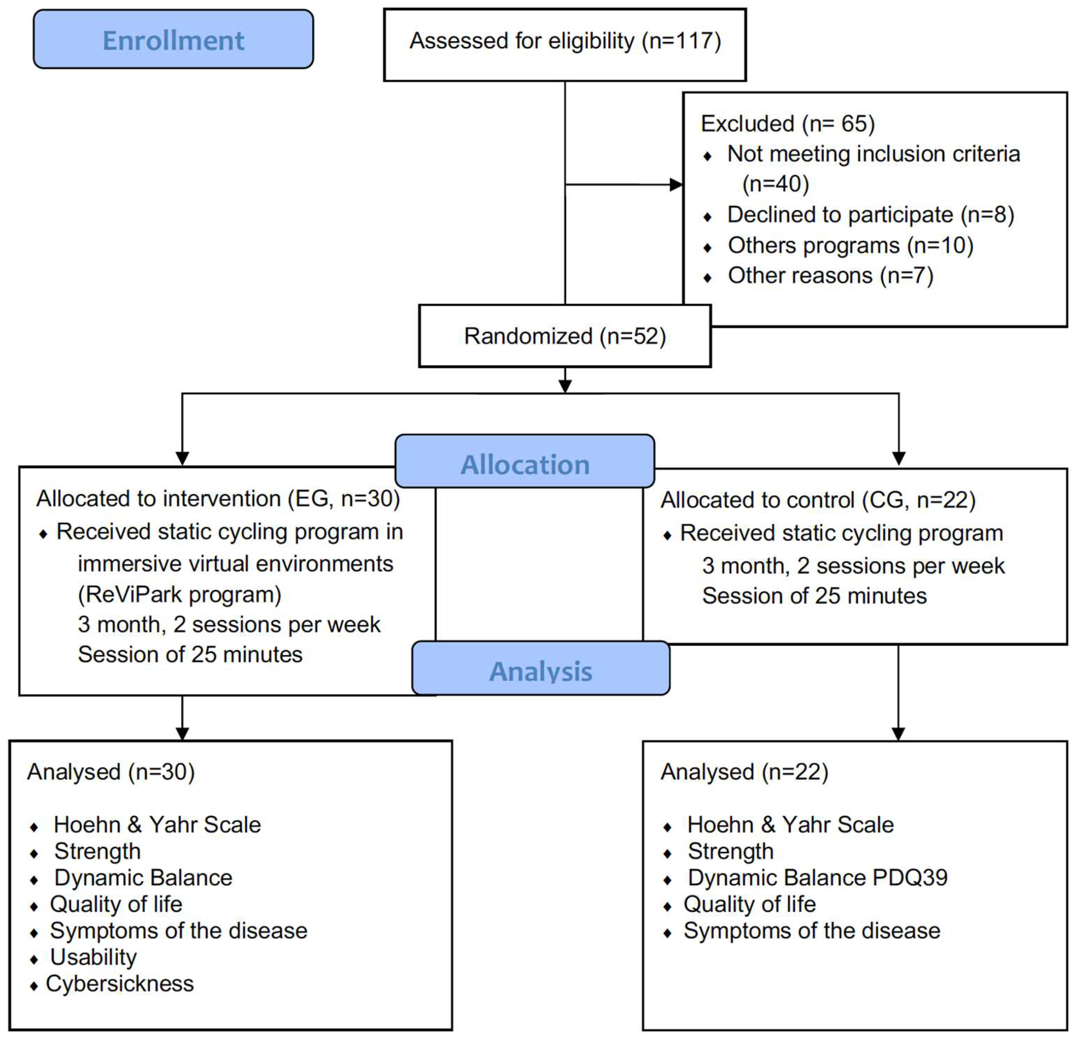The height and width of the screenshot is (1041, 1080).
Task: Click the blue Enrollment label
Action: click(x=173, y=40)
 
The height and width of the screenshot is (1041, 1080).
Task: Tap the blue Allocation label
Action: click(x=525, y=464)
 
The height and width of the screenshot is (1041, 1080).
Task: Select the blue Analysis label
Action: click(x=540, y=671)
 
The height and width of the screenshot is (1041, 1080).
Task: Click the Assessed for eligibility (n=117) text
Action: click(x=565, y=41)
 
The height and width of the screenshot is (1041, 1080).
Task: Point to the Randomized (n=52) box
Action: click(x=565, y=336)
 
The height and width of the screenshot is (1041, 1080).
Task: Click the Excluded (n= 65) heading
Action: click(x=787, y=124)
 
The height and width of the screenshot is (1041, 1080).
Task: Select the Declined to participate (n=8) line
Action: click(x=870, y=215)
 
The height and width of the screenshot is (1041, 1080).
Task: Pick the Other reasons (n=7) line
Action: click(x=830, y=275)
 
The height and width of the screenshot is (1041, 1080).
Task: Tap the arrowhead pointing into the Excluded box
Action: click(x=676, y=185)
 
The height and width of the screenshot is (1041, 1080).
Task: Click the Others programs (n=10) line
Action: click(x=850, y=245)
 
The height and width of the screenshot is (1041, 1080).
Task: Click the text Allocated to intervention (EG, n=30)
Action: click(x=218, y=499)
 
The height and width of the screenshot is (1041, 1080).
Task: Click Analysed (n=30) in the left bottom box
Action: click(x=111, y=772)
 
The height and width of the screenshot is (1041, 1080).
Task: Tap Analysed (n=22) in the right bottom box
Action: click(x=744, y=772)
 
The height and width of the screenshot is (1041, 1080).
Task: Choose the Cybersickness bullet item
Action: click(x=119, y=984)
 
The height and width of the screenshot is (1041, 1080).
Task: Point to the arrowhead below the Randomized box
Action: click(x=565, y=387)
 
